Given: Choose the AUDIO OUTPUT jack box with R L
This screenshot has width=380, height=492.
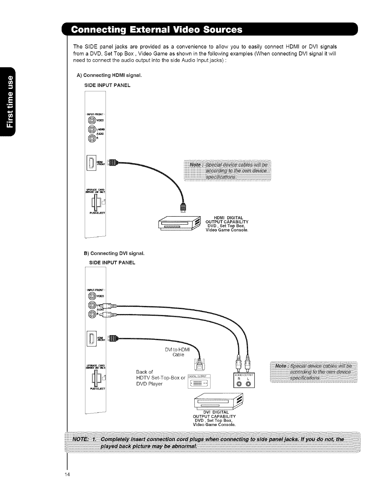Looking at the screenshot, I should coord(244,380).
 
